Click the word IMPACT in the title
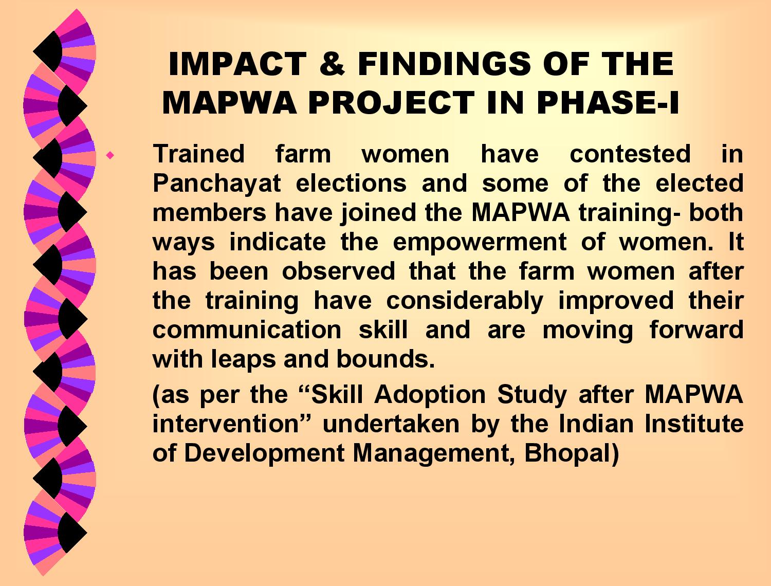click(x=237, y=64)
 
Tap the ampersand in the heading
click(x=332, y=64)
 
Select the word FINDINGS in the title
click(x=444, y=64)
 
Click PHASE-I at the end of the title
click(x=608, y=102)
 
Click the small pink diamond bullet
click(x=111, y=155)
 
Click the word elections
click(x=351, y=184)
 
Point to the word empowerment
click(x=480, y=243)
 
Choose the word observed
click(x=339, y=271)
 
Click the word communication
click(x=247, y=330)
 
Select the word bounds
click(x=385, y=359)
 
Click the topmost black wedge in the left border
click(x=50, y=51)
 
